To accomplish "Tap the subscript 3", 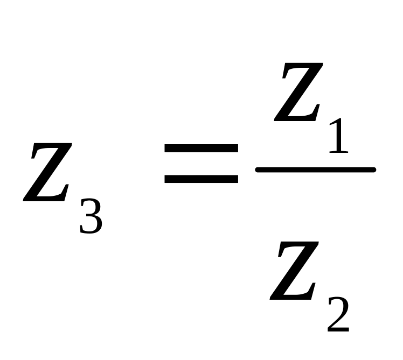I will point(91,215).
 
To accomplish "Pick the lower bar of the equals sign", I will point(201,179).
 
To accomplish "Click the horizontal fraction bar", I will point(315,170).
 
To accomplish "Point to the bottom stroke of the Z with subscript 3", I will point(46,199).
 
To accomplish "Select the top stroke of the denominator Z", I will point(295,245).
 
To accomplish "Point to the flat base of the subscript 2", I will point(338,328).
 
